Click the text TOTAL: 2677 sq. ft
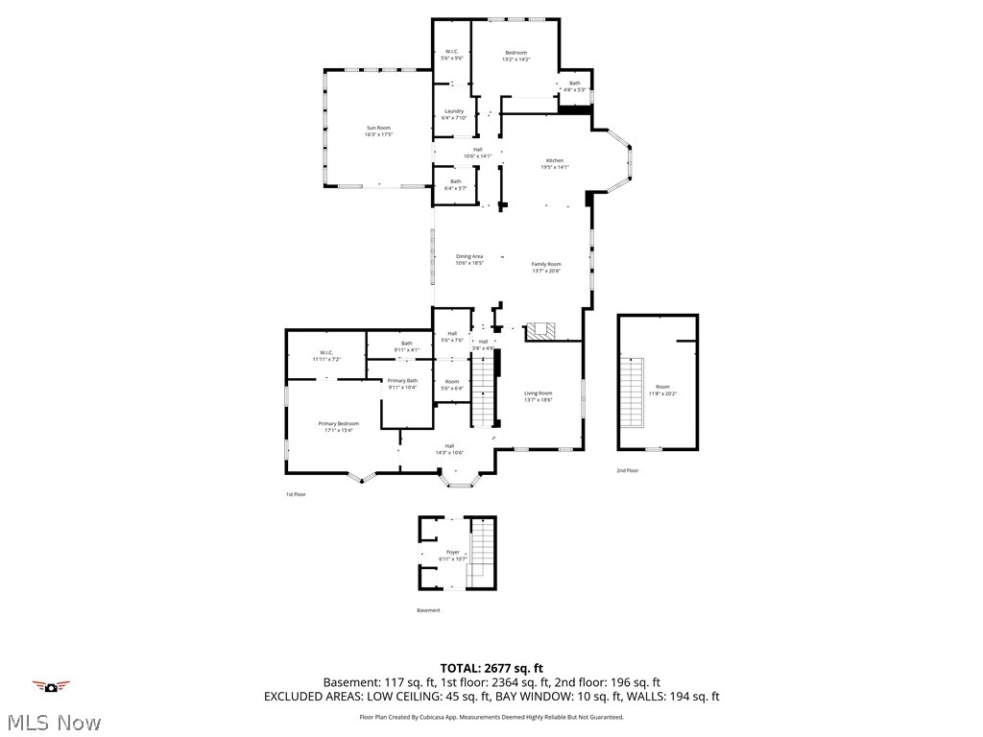(491, 668)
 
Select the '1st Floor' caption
(295, 494)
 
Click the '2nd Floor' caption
(627, 470)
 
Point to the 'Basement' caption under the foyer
(428, 610)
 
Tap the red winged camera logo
(51, 686)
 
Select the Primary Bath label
(402, 384)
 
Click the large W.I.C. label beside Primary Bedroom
(325, 355)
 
